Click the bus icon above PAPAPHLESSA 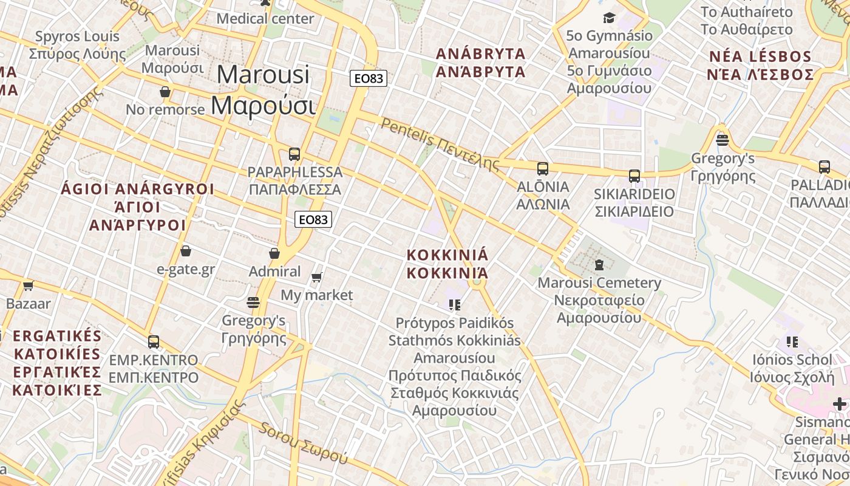coord(294,154)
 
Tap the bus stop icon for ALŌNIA coord(543,168)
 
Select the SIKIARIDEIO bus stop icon coord(634,176)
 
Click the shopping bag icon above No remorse coord(165,92)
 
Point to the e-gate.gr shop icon coord(186,251)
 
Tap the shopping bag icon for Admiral coord(274,253)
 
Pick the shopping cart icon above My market coord(316,278)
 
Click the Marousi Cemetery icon coord(599,265)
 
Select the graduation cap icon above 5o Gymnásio coord(609,18)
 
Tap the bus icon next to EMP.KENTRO coord(154,342)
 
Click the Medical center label coord(265,19)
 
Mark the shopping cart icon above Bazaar coord(28,286)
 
